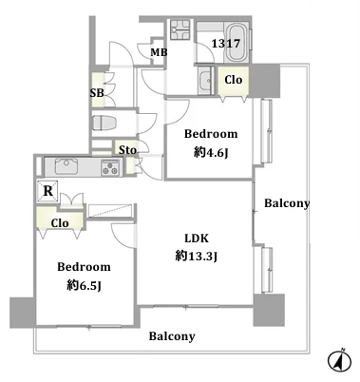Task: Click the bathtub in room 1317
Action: (237, 43)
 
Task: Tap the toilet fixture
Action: (104, 124)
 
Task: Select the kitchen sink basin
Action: (66, 166)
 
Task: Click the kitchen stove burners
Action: (110, 167)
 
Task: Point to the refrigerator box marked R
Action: (47, 191)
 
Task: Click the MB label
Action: (159, 52)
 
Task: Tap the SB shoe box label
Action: (97, 93)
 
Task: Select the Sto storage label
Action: (127, 150)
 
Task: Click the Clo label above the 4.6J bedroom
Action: (234, 80)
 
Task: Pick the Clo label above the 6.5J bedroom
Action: (60, 223)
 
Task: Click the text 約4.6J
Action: (211, 153)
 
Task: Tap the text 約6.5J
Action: (84, 286)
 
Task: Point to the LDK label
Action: (197, 238)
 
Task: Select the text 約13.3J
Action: (197, 256)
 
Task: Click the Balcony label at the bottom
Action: (172, 336)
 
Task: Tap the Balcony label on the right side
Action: (287, 203)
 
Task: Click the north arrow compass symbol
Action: (340, 361)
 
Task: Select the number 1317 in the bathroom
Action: (226, 44)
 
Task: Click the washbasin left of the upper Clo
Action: (206, 81)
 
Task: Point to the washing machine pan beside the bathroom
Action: (180, 29)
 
